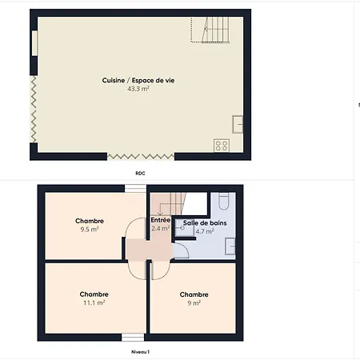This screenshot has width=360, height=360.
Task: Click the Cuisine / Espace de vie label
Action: pyautogui.click(x=138, y=80)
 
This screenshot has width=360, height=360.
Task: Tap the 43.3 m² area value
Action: pyautogui.click(x=138, y=89)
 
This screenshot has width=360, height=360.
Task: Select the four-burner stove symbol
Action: pyautogui.click(x=222, y=146)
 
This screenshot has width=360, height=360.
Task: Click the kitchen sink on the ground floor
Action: pyautogui.click(x=238, y=124)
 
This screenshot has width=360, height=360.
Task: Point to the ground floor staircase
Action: pyautogui.click(x=210, y=30)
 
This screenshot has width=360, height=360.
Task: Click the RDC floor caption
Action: pyautogui.click(x=140, y=174)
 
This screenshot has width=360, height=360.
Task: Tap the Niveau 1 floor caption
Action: pyautogui.click(x=140, y=352)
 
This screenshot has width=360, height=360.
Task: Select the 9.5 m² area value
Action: pyautogui.click(x=90, y=230)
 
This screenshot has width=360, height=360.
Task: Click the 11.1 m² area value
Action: pyautogui.click(x=94, y=302)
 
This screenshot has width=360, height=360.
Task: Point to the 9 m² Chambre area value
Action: pyautogui.click(x=194, y=303)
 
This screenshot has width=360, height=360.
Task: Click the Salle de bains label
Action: pyautogui.click(x=205, y=223)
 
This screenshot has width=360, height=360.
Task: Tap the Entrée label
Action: pyautogui.click(x=161, y=220)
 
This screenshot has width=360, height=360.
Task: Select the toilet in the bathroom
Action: pyautogui.click(x=224, y=202)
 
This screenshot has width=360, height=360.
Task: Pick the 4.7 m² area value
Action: pyautogui.click(x=205, y=231)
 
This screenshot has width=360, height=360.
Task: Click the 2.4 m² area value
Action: pyautogui.click(x=161, y=229)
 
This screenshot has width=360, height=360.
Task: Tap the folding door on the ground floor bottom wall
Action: pyautogui.click(x=141, y=157)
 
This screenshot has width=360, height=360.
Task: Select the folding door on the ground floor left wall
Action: pyautogui.click(x=34, y=109)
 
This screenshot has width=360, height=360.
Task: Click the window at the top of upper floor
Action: pyautogui.click(x=135, y=188)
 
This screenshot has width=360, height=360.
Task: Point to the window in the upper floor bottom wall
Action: pyautogui.click(x=133, y=338)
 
